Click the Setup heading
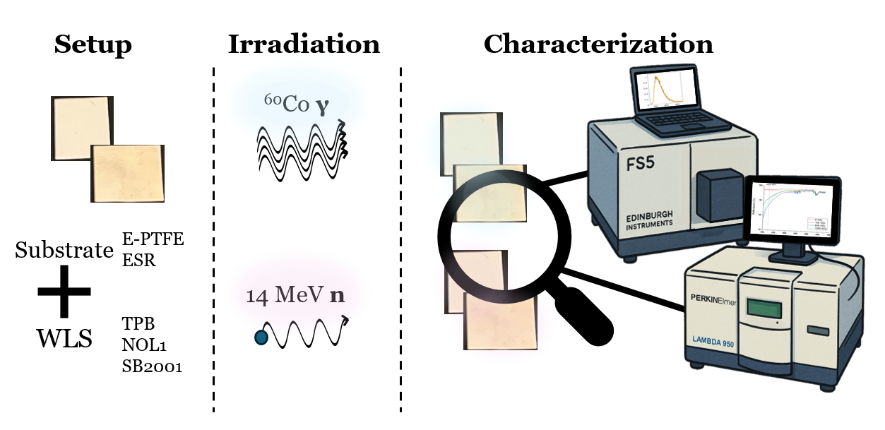pos(93,45)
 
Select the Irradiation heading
pos(304,45)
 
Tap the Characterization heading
pos(598,45)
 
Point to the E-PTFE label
pos(153,239)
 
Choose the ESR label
pos(139,260)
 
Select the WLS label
pos(64,340)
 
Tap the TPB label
pos(138,324)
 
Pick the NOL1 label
pos(143,345)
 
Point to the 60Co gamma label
pos(297,104)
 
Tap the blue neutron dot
pos(261,338)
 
